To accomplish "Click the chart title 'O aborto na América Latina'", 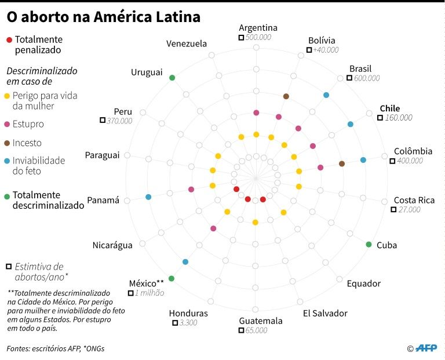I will click(103, 17).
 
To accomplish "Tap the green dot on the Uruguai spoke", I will click(172, 78).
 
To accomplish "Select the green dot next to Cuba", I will click(369, 244).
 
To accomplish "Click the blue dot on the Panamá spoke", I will click(149, 197).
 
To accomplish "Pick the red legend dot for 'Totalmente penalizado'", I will click(9, 40).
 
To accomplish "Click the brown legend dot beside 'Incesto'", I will click(7, 143).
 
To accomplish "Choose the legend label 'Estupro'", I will click(28, 124).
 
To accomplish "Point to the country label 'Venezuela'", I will click(186, 43).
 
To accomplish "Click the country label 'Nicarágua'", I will click(112, 245).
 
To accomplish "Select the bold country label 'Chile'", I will click(389, 108).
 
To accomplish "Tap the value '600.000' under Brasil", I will click(366, 78).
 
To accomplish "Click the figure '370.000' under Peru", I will click(119, 121).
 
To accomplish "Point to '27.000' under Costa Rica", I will click(409, 209).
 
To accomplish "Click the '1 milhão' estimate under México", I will click(149, 293).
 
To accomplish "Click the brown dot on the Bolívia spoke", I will click(286, 96).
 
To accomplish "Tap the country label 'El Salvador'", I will click(325, 313).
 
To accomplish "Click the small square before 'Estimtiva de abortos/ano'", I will click(9, 267).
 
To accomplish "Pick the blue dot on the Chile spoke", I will click(350, 124).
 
